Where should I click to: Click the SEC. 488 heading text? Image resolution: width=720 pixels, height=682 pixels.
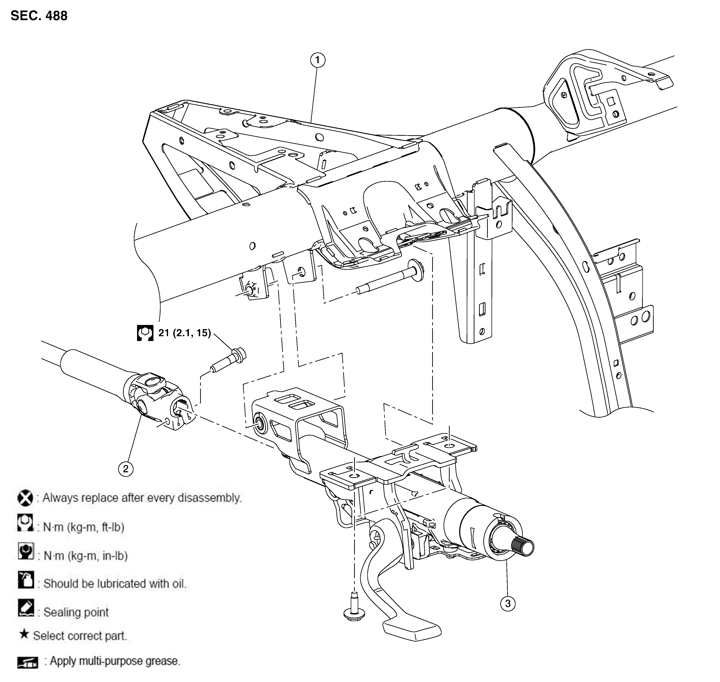coord(39,16)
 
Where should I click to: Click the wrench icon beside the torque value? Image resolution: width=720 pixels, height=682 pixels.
coord(145,333)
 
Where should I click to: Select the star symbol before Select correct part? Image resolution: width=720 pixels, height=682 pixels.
coord(24,634)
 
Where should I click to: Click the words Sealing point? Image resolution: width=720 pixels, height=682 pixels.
coord(76,612)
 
